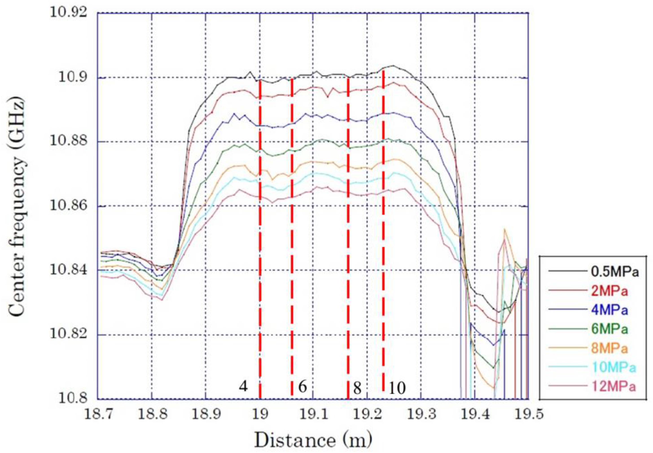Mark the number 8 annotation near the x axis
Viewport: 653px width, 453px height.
(357, 388)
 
